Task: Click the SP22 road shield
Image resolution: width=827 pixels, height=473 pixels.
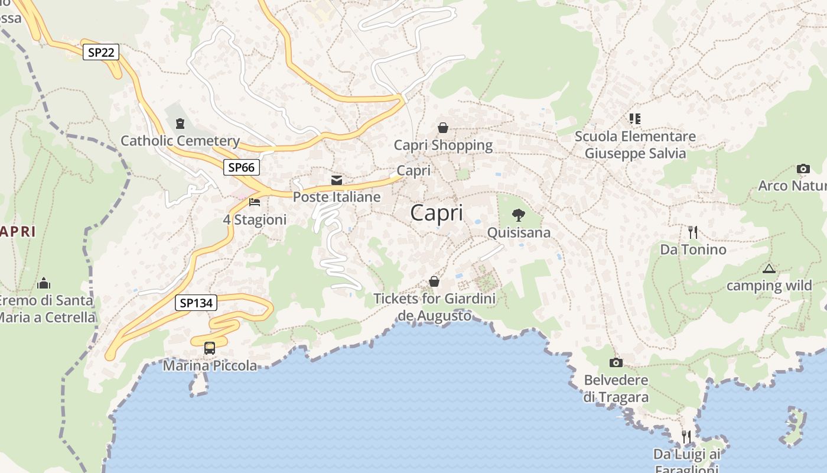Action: pyautogui.click(x=101, y=53)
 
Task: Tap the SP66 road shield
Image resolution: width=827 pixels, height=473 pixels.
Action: pyautogui.click(x=242, y=167)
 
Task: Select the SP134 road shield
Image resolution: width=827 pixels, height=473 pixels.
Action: pyautogui.click(x=196, y=303)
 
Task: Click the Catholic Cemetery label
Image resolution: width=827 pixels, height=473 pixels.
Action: pyautogui.click(x=180, y=141)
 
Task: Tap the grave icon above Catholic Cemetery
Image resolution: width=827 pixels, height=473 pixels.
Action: pyautogui.click(x=180, y=124)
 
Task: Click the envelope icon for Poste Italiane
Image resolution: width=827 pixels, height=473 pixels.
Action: pyautogui.click(x=337, y=180)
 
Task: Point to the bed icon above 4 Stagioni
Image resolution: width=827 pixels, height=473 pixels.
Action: pyautogui.click(x=255, y=202)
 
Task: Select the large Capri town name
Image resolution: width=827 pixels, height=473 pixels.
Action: pyautogui.click(x=437, y=213)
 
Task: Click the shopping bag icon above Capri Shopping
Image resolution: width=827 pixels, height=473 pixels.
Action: pyautogui.click(x=443, y=128)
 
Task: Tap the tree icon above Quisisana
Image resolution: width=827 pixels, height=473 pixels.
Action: pyautogui.click(x=519, y=215)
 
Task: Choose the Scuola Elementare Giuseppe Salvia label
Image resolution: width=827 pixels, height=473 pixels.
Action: pyautogui.click(x=635, y=145)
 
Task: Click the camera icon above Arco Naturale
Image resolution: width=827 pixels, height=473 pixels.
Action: pyautogui.click(x=803, y=169)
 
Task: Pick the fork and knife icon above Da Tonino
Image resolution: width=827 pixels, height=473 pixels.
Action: pyautogui.click(x=693, y=232)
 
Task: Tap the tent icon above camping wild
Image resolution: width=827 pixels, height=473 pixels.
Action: pyautogui.click(x=769, y=269)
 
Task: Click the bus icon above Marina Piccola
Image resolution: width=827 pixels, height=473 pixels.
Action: pyautogui.click(x=210, y=348)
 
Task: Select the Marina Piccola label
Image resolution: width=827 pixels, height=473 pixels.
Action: pyautogui.click(x=210, y=366)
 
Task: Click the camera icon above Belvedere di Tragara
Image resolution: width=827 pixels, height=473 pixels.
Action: pyautogui.click(x=616, y=362)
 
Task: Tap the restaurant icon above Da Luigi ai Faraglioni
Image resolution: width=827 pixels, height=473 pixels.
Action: pyautogui.click(x=686, y=437)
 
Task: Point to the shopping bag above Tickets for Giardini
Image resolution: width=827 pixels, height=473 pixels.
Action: pyautogui.click(x=434, y=281)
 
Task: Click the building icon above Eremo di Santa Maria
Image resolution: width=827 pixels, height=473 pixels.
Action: pyautogui.click(x=44, y=284)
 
